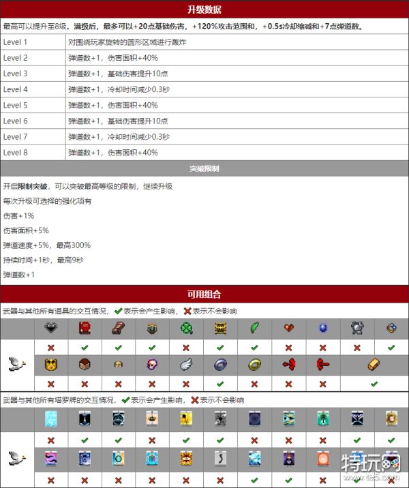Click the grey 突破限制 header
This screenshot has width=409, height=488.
(204, 168)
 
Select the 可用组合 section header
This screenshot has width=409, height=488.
(204, 294)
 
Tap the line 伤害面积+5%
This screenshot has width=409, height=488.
(26, 231)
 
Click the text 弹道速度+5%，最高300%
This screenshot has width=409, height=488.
(46, 245)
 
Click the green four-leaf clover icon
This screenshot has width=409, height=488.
(186, 329)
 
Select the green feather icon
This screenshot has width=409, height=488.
(254, 329)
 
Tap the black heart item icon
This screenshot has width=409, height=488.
(51, 329)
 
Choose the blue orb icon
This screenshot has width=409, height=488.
(322, 329)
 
